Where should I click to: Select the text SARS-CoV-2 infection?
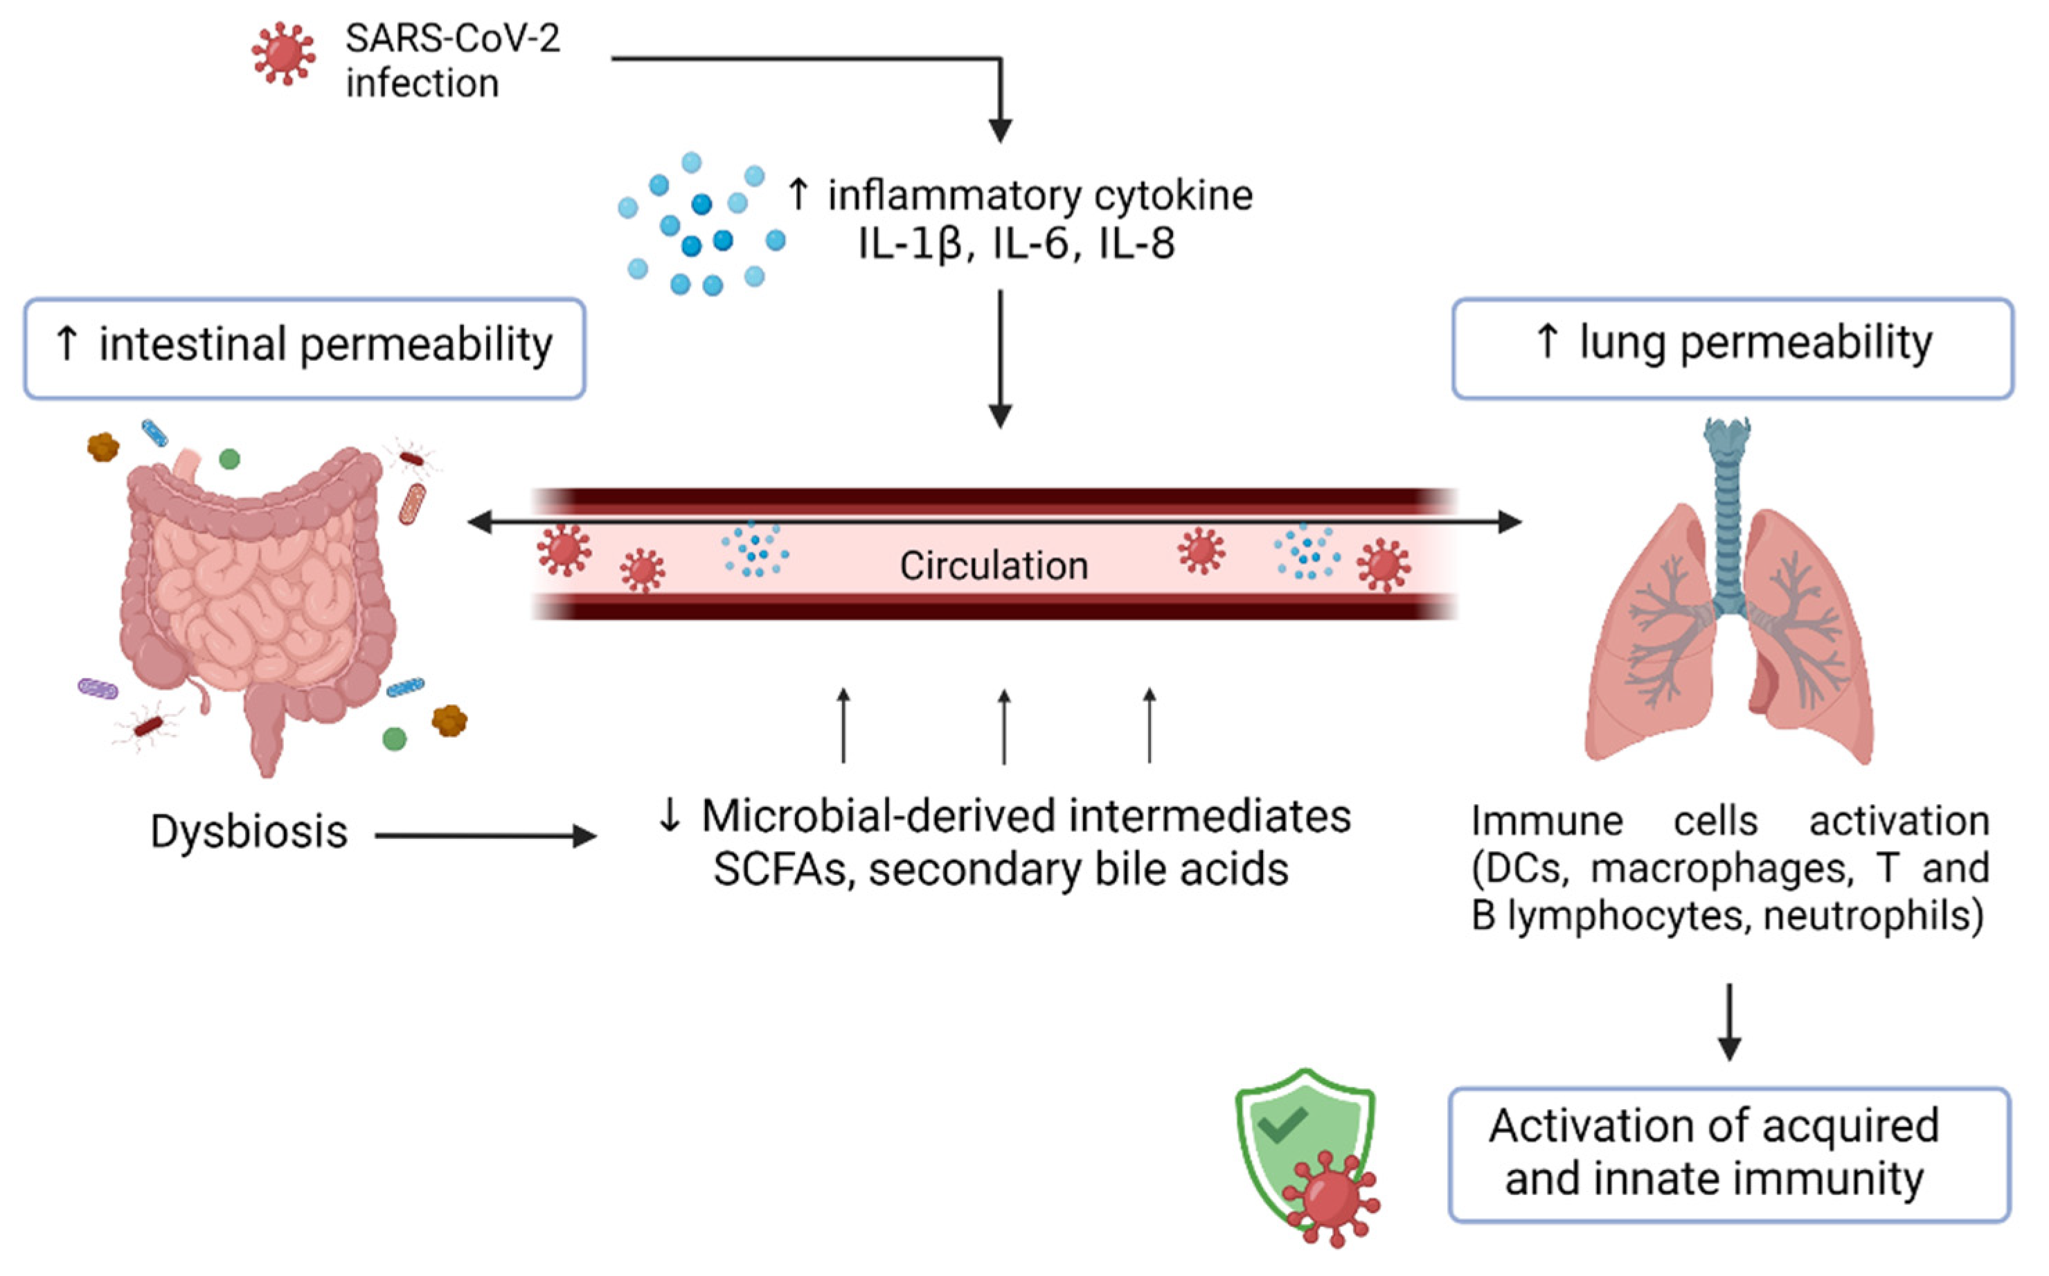(x=452, y=61)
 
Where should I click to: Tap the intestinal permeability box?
(x=305, y=347)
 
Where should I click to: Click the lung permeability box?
(x=1732, y=347)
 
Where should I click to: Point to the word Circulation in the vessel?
(x=993, y=565)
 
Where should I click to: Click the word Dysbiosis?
(x=249, y=832)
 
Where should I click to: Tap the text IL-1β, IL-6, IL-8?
(x=1016, y=244)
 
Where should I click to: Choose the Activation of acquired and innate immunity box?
(x=1729, y=1153)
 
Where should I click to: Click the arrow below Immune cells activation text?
(x=1729, y=1021)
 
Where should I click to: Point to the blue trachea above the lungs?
(x=1727, y=515)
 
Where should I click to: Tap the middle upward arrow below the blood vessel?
(x=1004, y=726)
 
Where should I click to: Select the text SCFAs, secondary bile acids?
(x=1001, y=870)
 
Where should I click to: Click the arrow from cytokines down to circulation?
(x=1001, y=359)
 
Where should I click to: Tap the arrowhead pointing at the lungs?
(x=1510, y=522)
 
